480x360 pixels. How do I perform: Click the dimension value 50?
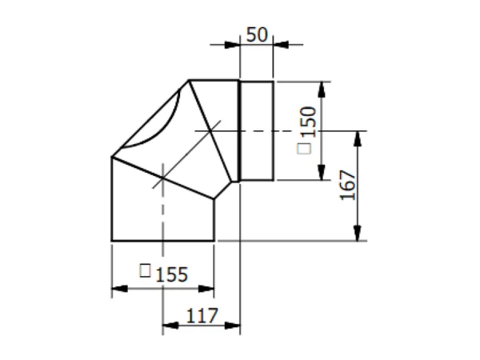coord(257,34)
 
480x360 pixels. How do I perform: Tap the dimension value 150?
coord(308,122)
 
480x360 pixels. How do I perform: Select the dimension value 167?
coord(348,185)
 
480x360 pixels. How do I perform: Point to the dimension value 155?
coord(171,274)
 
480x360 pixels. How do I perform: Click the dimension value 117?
coord(202,316)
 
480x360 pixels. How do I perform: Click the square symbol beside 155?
coord(145,270)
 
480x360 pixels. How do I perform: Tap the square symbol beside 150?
coord(304,149)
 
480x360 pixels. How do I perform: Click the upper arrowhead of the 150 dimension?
coord(322,90)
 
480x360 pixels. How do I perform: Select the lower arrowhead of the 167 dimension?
coord(358,233)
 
